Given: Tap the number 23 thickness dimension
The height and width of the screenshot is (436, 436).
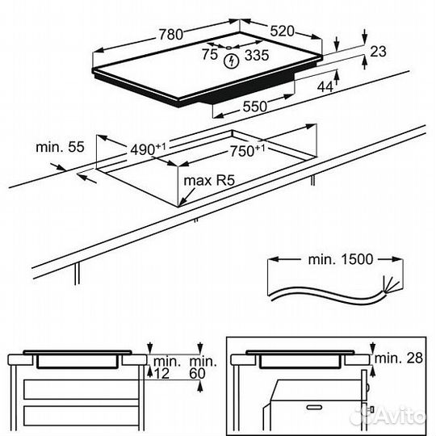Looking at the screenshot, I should [378, 52].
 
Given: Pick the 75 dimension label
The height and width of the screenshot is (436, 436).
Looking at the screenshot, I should [210, 55].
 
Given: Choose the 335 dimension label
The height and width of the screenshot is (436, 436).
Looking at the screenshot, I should [257, 55].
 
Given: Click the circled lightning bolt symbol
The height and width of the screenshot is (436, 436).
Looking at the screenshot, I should [232, 59].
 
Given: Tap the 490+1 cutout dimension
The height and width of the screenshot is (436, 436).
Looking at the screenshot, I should [150, 149].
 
